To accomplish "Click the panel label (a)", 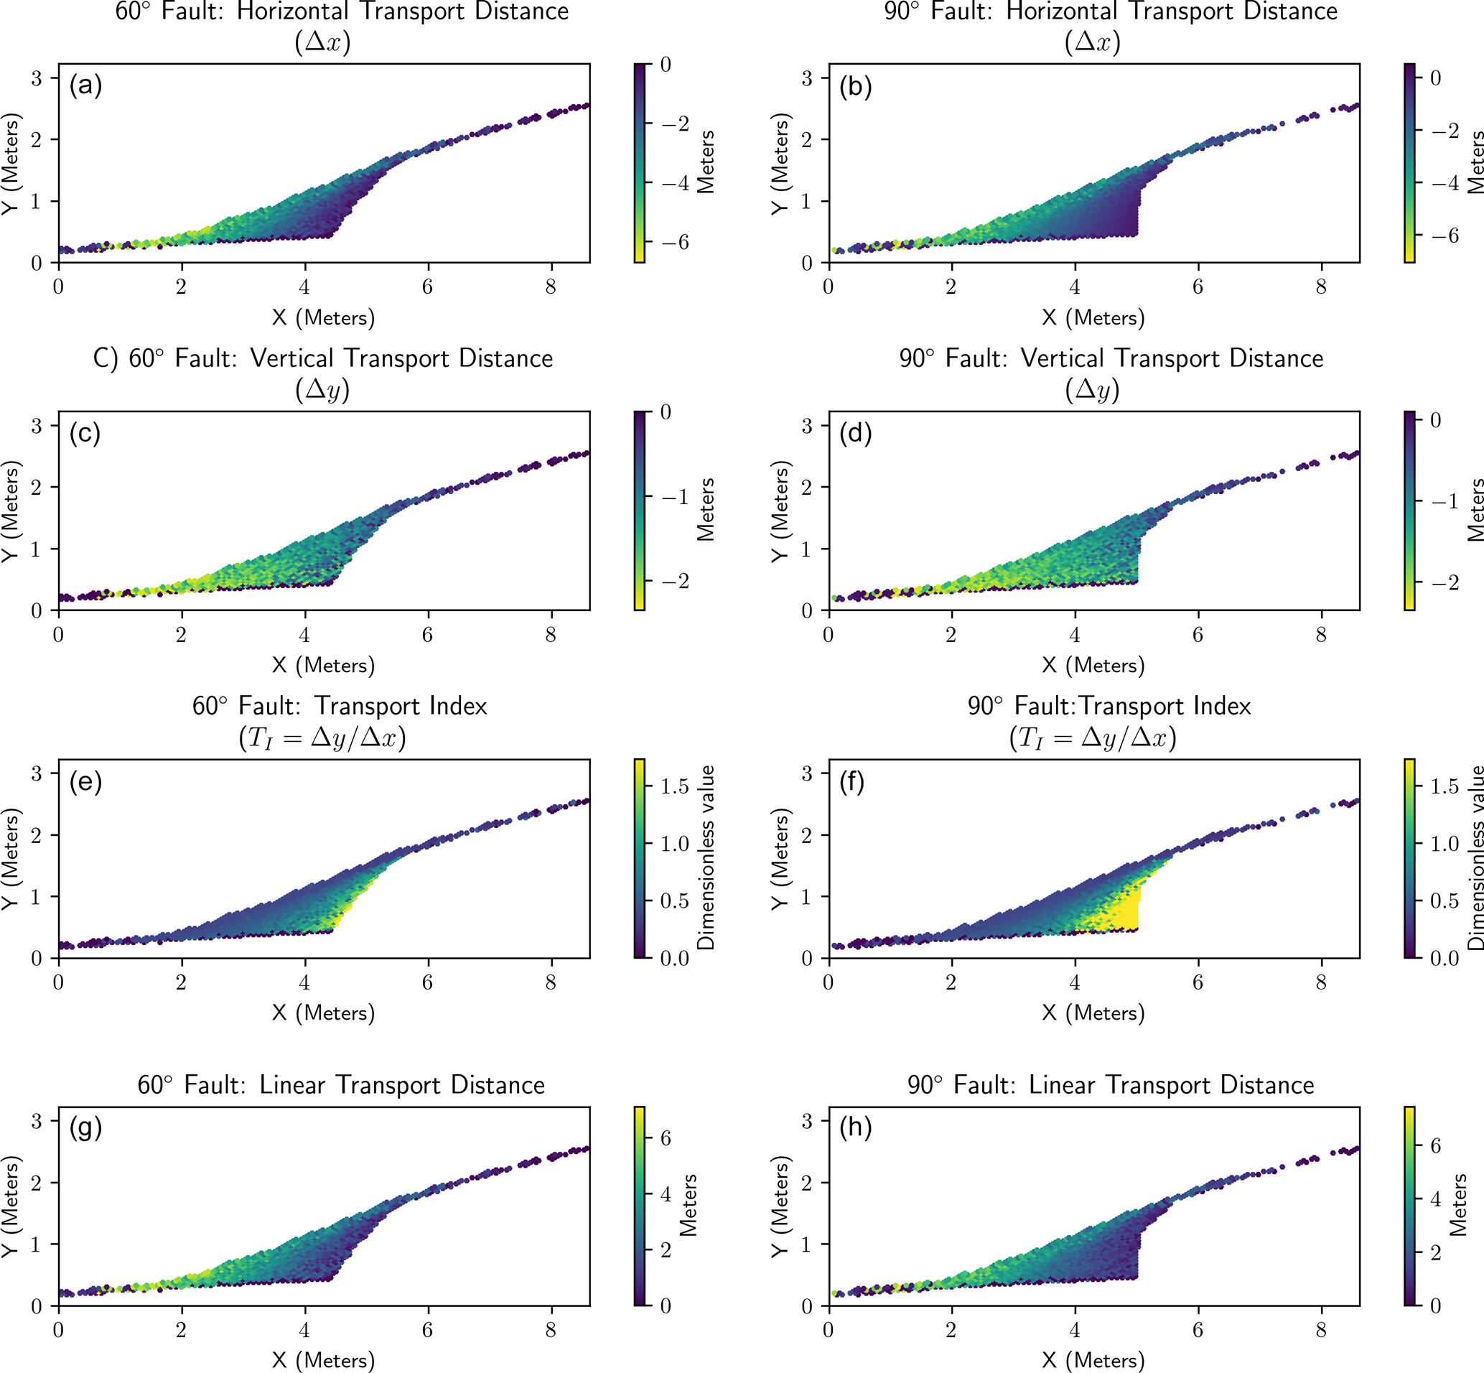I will coord(85,86).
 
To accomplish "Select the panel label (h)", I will coord(855,1129).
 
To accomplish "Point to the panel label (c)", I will coord(85,433).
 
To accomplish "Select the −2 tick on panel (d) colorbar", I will coord(1444,581).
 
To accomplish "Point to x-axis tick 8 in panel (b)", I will coord(1320,287).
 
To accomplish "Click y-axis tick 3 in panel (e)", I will coord(36,773).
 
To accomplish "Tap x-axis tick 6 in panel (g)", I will coord(428,1331).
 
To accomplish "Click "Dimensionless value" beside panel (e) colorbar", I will coord(706,858).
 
